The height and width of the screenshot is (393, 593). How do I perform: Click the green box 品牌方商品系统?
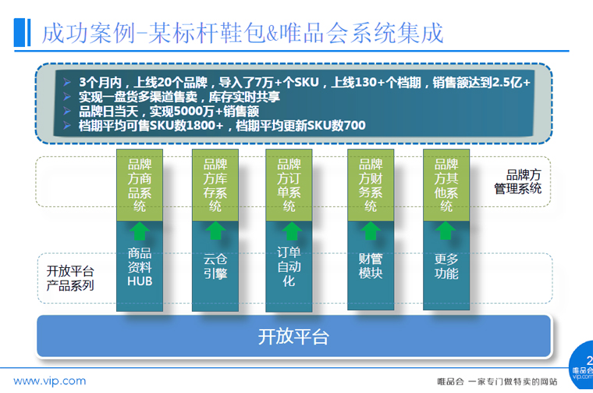[x=140, y=185]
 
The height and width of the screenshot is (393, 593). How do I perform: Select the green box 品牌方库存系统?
[x=215, y=185]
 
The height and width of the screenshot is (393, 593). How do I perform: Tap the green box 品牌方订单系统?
[x=289, y=185]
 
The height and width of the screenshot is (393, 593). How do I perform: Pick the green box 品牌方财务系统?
[x=371, y=185]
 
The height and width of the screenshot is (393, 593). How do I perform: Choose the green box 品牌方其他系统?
[x=446, y=185]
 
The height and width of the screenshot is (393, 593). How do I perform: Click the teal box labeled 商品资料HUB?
[x=140, y=266]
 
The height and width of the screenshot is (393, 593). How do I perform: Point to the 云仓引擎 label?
[x=215, y=266]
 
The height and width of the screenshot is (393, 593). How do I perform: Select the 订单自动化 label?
[x=289, y=266]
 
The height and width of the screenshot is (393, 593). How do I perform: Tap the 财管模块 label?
[x=371, y=266]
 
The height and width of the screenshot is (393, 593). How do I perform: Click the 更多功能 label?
[x=446, y=266]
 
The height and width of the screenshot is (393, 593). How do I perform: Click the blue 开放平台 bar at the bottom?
[x=293, y=336]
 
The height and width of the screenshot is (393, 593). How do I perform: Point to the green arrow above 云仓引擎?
[x=215, y=230]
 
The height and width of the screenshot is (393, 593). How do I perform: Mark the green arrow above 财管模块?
[x=371, y=230]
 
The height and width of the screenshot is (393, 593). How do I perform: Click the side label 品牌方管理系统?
[x=518, y=182]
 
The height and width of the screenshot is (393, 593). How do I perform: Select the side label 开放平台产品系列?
[x=70, y=278]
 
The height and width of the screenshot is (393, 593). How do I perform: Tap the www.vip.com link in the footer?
[x=49, y=380]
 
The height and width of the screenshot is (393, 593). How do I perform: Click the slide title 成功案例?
[x=88, y=33]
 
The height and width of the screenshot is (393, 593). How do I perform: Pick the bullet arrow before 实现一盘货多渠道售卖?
[x=67, y=97]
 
